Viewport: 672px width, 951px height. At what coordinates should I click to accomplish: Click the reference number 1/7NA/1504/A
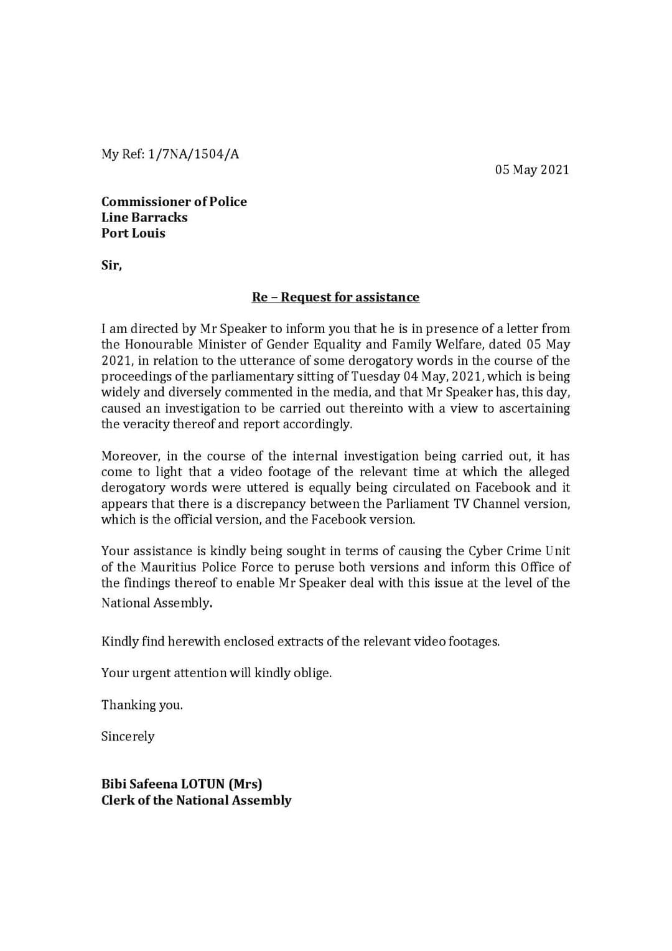point(193,154)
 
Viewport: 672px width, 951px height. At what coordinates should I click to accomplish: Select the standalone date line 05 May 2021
point(532,170)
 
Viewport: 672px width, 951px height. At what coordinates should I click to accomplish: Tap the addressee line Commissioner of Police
point(174,202)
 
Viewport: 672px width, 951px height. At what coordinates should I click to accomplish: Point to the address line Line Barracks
point(144,217)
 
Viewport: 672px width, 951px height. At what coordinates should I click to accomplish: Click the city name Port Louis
point(133,233)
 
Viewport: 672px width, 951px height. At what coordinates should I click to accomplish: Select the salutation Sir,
point(111,265)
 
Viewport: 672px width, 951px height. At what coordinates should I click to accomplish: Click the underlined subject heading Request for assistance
point(350,297)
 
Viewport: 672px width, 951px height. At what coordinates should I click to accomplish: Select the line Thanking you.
point(142,705)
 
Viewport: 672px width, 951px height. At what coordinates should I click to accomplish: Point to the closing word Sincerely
point(128,737)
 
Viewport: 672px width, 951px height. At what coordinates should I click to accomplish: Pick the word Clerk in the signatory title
point(118,800)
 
